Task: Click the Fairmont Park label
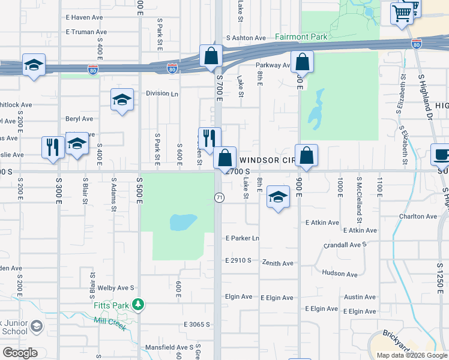pyautogui.click(x=301, y=37)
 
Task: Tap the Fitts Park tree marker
pyautogui.click(x=139, y=305)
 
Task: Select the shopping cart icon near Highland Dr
pyautogui.click(x=401, y=13)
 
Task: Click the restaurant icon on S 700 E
pyautogui.click(x=209, y=138)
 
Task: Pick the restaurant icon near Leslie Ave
pyautogui.click(x=53, y=147)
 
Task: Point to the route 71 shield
pyautogui.click(x=219, y=197)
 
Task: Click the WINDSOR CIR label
pyautogui.click(x=267, y=160)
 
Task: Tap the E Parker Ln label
pyautogui.click(x=242, y=238)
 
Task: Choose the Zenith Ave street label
pyautogui.click(x=277, y=263)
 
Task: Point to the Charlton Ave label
pyautogui.click(x=418, y=216)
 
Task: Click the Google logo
pyautogui.click(x=20, y=352)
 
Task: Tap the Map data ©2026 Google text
pyautogui.click(x=411, y=355)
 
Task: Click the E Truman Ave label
pyautogui.click(x=86, y=31)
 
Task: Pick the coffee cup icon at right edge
pyautogui.click(x=441, y=155)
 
